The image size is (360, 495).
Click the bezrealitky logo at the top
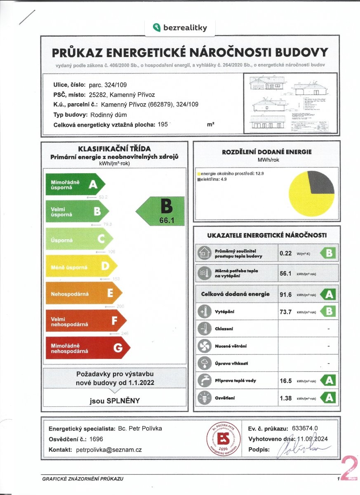180,28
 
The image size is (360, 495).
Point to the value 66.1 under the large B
167,221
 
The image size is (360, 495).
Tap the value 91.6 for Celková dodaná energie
286,294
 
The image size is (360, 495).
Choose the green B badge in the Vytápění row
329,311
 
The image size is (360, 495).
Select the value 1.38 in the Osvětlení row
286,398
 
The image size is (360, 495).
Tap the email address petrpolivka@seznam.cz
109,450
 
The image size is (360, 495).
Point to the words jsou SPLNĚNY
115,400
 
